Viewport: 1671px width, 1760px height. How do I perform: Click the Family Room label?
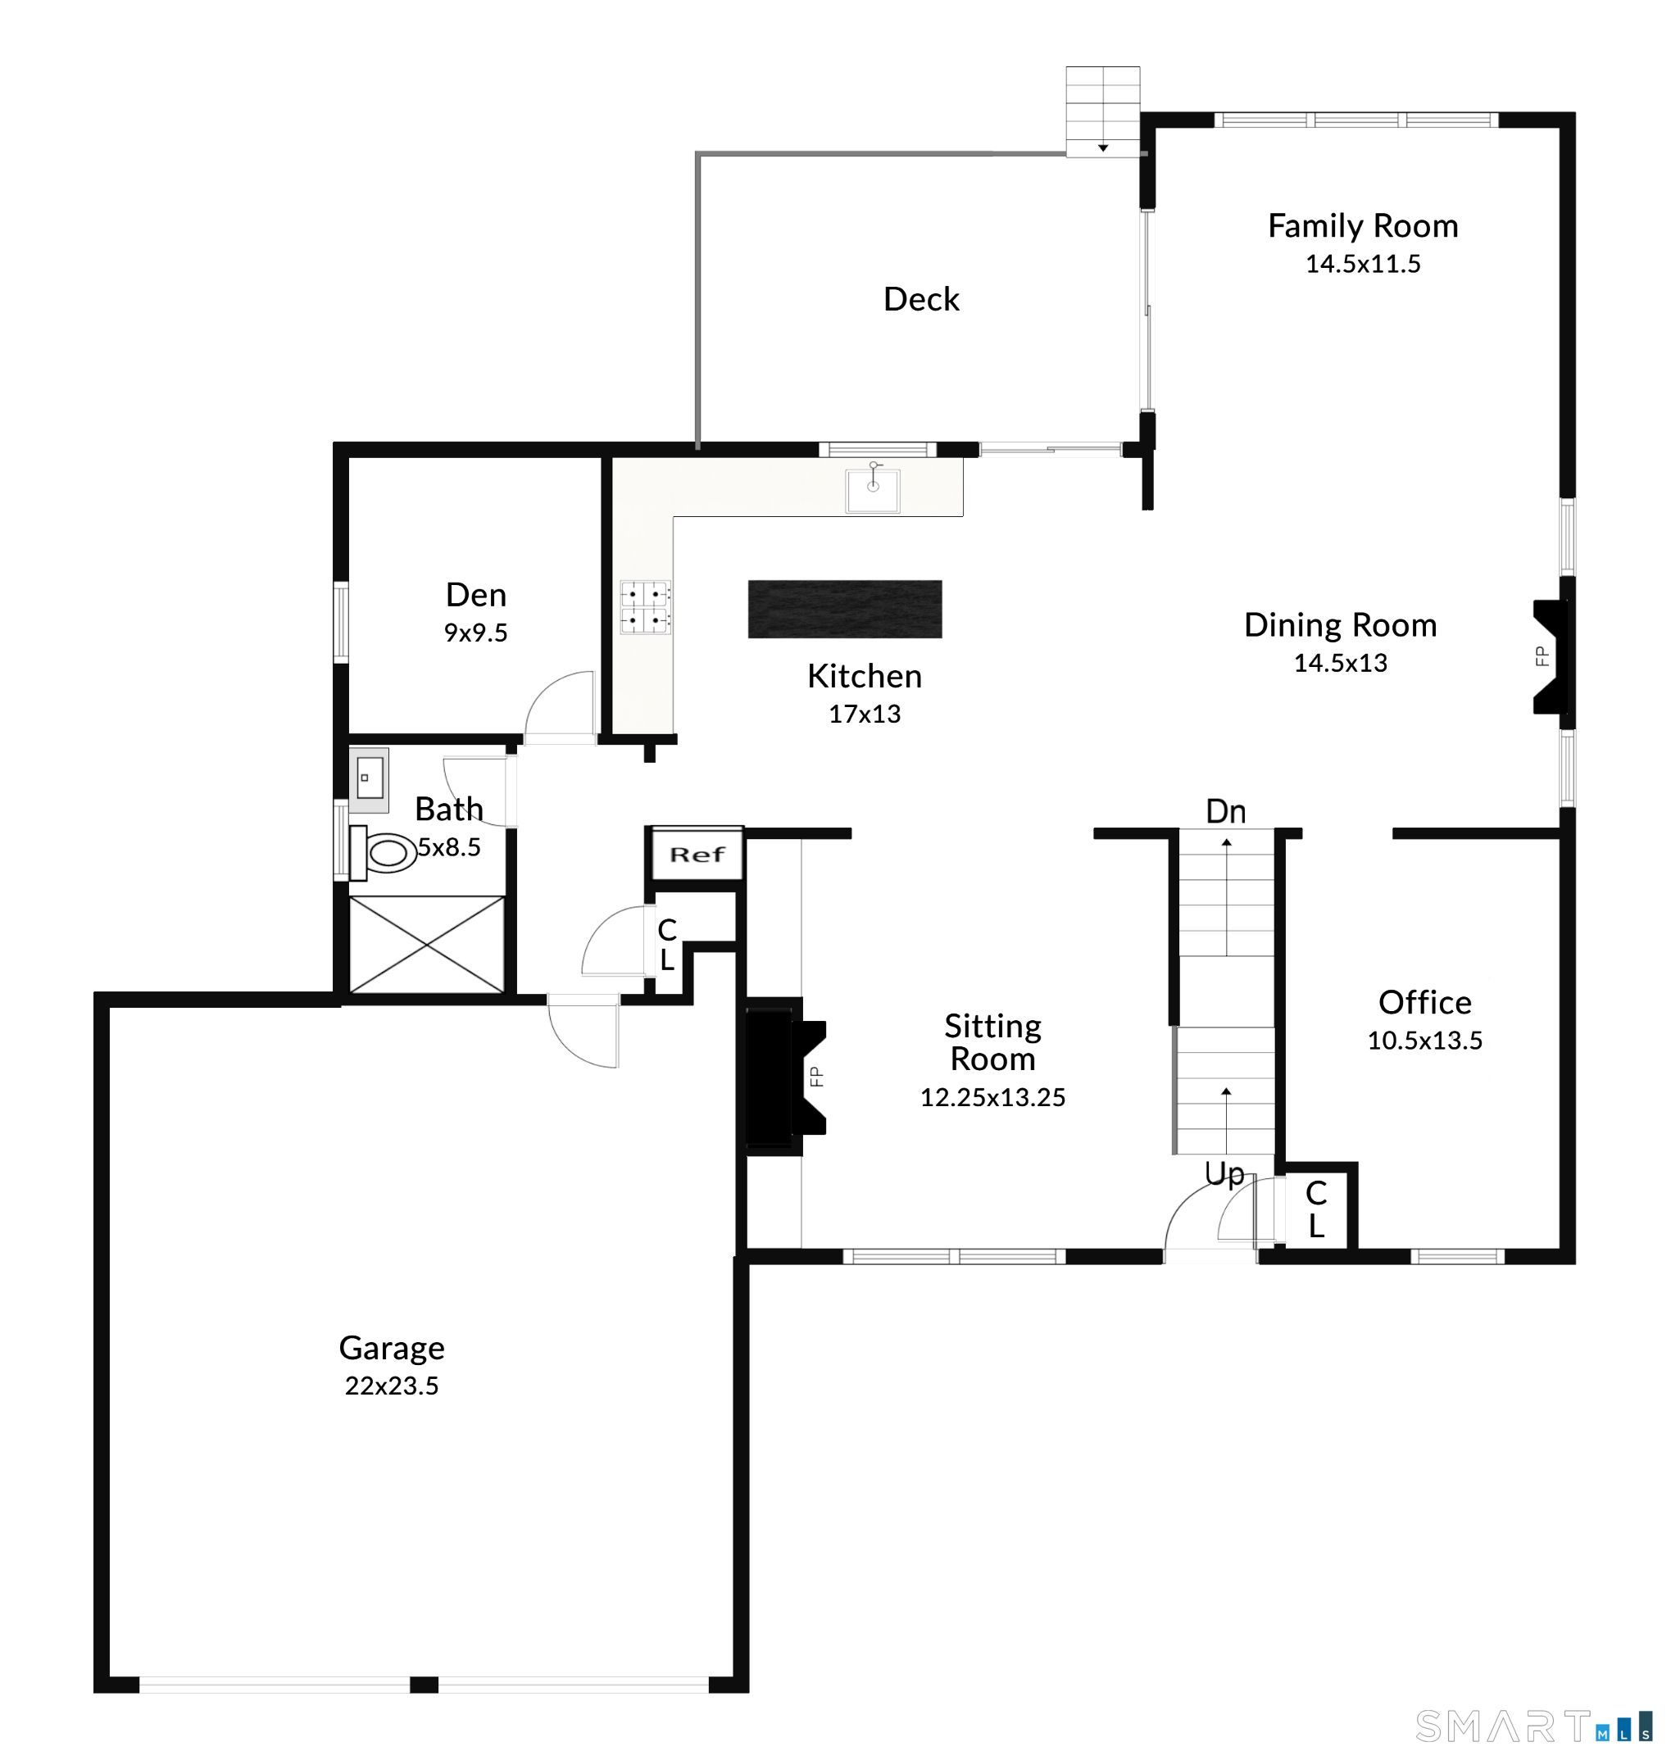[x=1363, y=226]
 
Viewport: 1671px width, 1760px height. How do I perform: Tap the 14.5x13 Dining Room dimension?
[x=1341, y=663]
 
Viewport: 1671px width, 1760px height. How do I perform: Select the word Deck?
[x=921, y=299]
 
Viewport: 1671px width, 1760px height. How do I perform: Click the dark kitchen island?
[x=844, y=610]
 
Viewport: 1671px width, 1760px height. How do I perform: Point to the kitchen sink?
[x=873, y=489]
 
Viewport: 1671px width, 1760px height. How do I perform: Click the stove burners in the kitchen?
[x=645, y=606]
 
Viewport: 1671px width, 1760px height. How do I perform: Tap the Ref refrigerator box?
[x=697, y=854]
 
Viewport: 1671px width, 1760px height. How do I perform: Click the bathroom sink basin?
[x=370, y=778]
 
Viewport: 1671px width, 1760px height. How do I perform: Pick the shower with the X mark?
[x=427, y=944]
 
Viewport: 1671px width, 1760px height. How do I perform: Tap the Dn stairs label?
[x=1226, y=811]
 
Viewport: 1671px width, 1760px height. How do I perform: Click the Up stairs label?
[x=1224, y=1174]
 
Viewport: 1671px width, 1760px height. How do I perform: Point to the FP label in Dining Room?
[x=1542, y=656]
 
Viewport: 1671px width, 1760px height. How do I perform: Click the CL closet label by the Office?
[x=1315, y=1209]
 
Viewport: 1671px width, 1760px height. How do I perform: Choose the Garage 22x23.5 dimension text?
[x=392, y=1385]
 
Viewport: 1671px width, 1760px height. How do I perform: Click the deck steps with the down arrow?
[x=1103, y=111]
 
